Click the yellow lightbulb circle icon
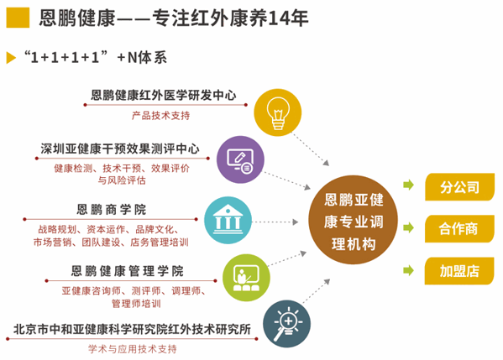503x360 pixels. point(277,109)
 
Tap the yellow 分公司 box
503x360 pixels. point(458,186)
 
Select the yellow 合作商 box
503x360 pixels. point(458,228)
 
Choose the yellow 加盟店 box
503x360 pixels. point(458,270)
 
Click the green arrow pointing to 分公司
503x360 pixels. point(410,185)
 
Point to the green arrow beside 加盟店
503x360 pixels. point(410,270)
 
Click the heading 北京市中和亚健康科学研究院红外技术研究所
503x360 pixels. point(134,330)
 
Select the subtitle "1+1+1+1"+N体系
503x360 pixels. point(95,57)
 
